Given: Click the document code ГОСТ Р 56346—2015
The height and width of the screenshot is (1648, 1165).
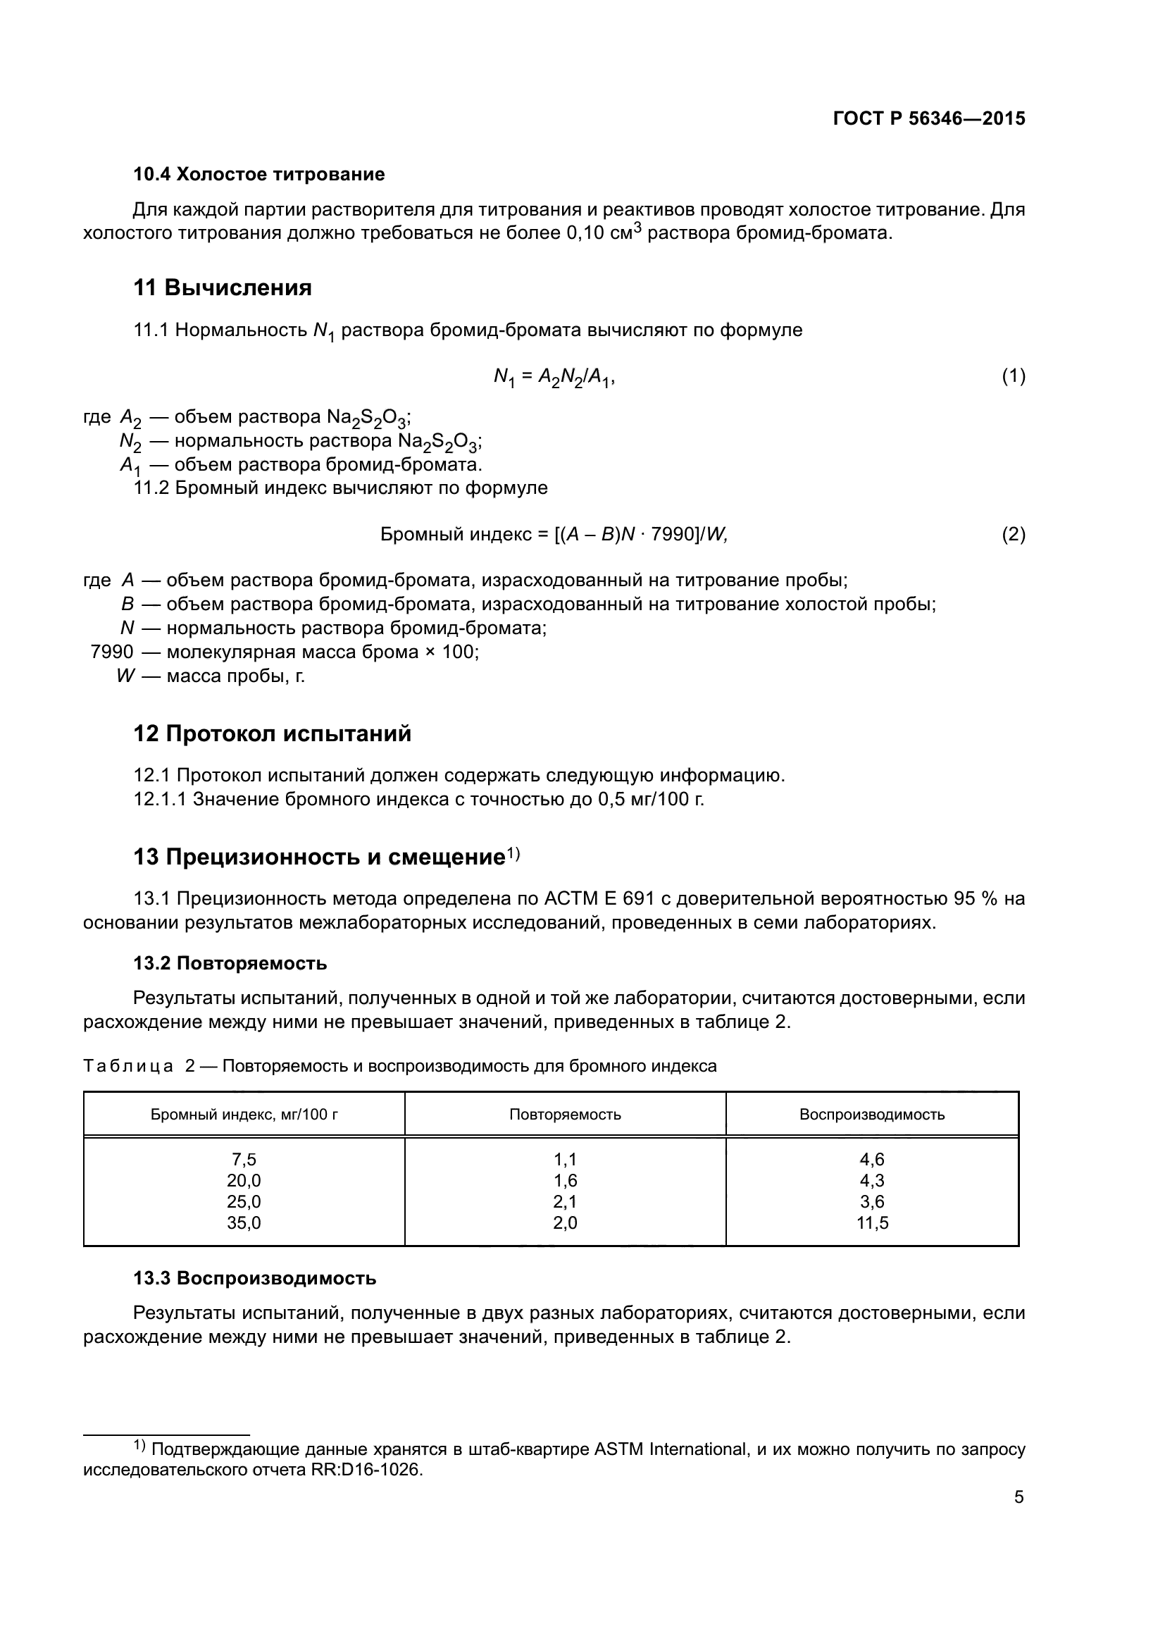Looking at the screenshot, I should pos(929,118).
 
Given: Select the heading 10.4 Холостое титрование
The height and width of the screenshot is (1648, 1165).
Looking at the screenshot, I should pos(259,175).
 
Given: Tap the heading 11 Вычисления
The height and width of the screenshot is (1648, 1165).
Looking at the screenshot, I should pos(223,288).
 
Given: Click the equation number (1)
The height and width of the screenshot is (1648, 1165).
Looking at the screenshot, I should pos(1013,376).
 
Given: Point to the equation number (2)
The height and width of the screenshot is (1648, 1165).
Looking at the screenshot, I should pos(1013,534).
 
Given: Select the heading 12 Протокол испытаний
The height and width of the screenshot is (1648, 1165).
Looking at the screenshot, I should pos(272,733).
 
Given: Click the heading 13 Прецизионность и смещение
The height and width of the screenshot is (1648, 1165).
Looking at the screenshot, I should pos(319,857).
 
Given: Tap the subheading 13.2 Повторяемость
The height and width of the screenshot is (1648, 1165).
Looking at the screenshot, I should pos(230,963).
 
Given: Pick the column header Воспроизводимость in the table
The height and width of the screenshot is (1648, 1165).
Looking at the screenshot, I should pos(871,1115).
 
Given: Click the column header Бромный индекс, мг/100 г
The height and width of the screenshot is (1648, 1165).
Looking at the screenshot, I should pos(244,1115).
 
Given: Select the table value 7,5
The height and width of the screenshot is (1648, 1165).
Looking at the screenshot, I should pos(244,1159).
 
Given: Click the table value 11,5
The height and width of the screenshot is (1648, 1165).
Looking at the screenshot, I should pos(872,1223).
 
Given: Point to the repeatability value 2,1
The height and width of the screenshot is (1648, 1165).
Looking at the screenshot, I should pos(566,1201).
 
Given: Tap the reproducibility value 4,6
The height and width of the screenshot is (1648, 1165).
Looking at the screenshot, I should pos(872,1159).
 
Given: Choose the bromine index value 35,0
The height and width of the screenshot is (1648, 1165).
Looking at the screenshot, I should pos(244,1223).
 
